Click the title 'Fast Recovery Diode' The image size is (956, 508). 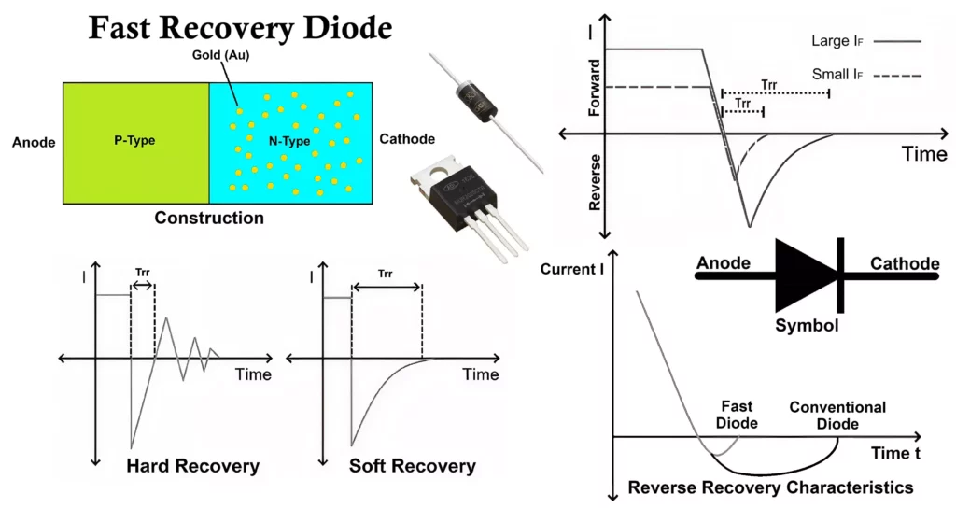240,28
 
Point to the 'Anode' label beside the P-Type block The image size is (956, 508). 34,143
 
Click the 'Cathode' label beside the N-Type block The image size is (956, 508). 407,139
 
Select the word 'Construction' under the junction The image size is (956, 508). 209,219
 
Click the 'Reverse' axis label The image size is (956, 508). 594,183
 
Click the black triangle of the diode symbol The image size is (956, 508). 805,275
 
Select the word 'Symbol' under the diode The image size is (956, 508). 807,327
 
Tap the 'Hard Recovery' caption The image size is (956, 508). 191,466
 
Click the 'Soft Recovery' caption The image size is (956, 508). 412,466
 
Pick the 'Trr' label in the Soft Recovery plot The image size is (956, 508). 386,275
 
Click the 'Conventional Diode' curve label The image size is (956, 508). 836,416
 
